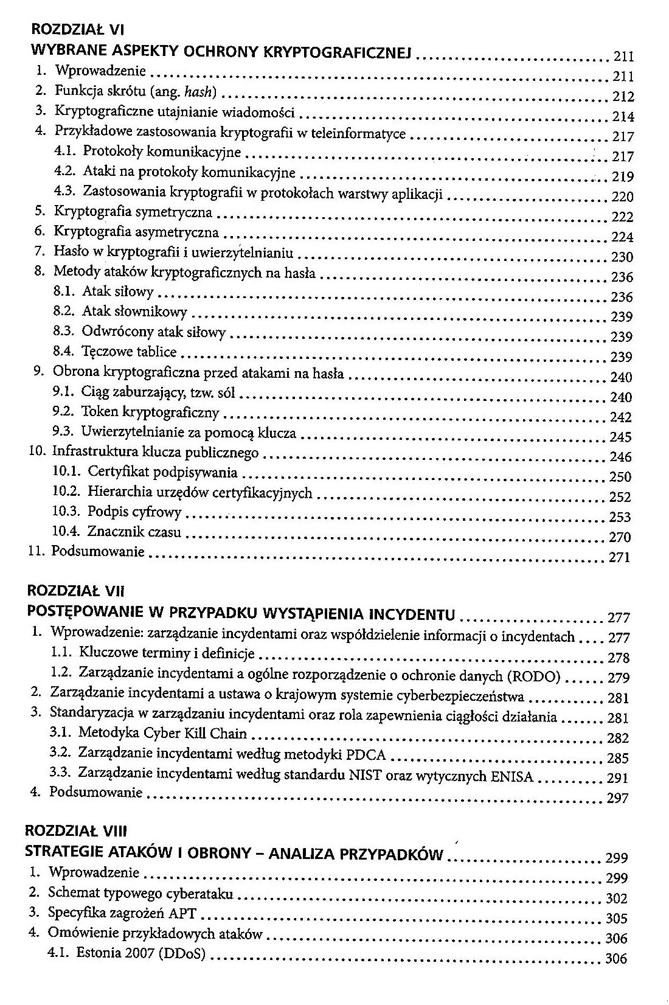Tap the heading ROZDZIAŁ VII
(75, 590)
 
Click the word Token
(99, 412)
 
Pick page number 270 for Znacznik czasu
(620, 537)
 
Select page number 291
(617, 778)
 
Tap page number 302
(617, 899)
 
